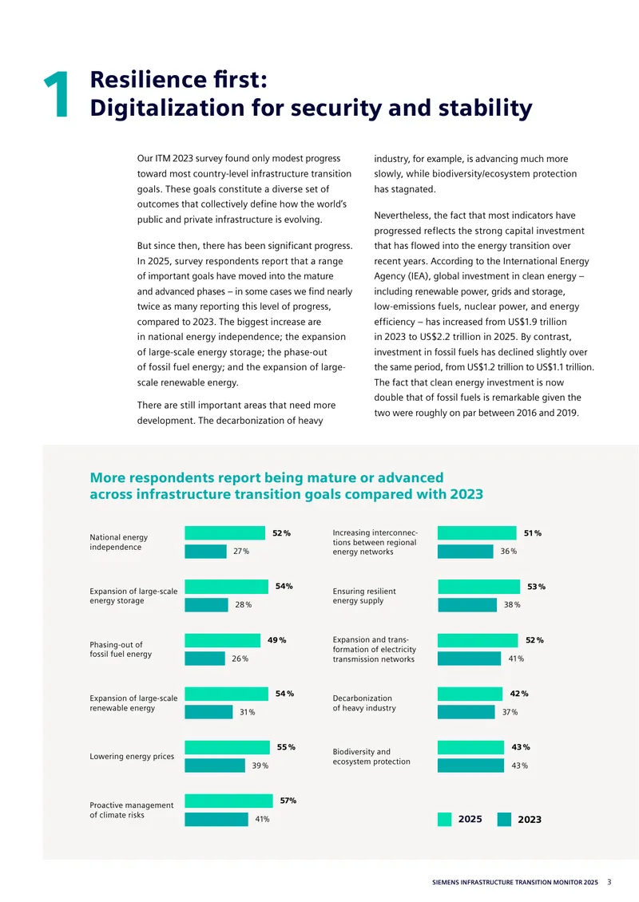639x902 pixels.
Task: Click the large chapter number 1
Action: [x=57, y=95]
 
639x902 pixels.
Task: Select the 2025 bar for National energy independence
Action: [x=225, y=532]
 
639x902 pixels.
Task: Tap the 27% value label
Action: [x=241, y=551]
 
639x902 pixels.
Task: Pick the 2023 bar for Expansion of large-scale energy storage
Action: [x=207, y=604]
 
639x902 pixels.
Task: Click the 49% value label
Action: [x=277, y=639]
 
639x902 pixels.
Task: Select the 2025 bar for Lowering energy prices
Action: [x=228, y=747]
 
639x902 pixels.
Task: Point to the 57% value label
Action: [x=288, y=800]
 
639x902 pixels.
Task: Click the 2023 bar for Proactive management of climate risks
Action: [x=216, y=819]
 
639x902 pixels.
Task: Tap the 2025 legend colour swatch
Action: [x=444, y=819]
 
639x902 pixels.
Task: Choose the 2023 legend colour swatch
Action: [x=504, y=819]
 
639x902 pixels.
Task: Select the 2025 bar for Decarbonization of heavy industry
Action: [x=470, y=694]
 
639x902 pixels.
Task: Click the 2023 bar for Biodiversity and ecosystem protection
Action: [x=471, y=766]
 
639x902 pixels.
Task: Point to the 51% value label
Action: [x=533, y=533]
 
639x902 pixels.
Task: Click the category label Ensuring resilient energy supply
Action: [x=363, y=596]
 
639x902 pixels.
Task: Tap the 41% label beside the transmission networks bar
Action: [x=516, y=659]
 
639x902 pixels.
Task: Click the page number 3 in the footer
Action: [x=609, y=882]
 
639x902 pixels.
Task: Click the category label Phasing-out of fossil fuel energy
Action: [x=121, y=650]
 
